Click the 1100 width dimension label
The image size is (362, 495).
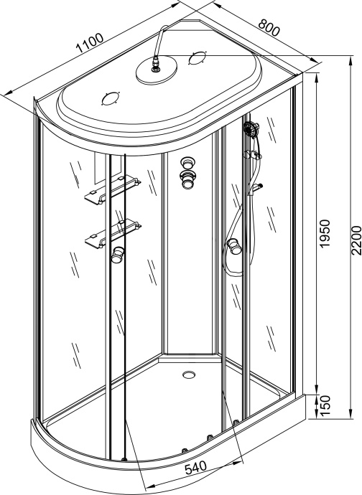(x=89, y=44)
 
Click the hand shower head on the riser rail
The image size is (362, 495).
(x=251, y=131)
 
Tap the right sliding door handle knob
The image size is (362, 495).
(x=233, y=248)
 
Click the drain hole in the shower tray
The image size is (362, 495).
(x=189, y=374)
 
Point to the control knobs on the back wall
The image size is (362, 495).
(x=189, y=172)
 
